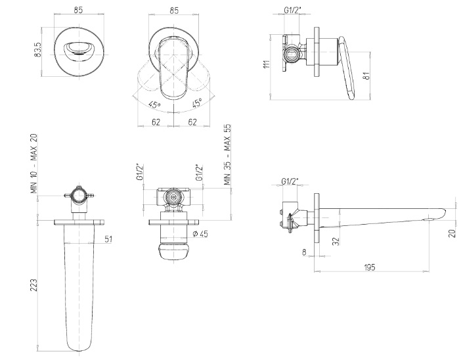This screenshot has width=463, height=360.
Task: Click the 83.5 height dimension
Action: [37, 50]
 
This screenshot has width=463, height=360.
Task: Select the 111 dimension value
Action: [267, 64]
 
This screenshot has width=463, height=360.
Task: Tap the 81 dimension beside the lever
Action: [366, 76]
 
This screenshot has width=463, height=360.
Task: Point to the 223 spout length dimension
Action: [34, 285]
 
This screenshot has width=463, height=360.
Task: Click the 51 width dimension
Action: [108, 239]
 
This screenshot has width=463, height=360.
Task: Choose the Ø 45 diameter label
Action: [200, 234]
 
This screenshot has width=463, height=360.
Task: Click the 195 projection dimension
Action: [369, 267]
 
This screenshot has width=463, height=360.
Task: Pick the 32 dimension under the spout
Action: [336, 241]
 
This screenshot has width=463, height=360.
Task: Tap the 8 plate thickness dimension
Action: [304, 252]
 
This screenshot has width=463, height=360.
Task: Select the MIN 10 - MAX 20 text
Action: [34, 164]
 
